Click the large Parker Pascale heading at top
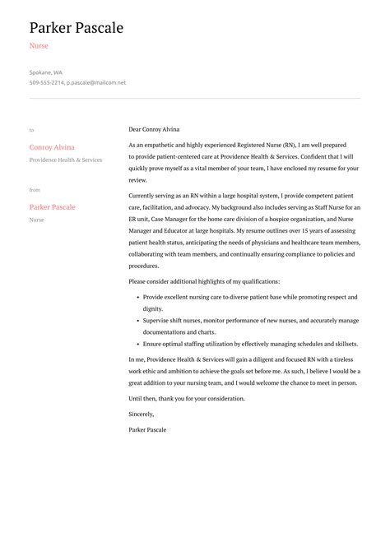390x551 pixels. pyautogui.click(x=76, y=28)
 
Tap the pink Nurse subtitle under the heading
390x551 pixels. pyautogui.click(x=39, y=46)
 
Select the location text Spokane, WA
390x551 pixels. pyautogui.click(x=45, y=72)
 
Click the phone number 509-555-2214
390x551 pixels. pyautogui.click(x=47, y=83)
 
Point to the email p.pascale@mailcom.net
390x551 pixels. pyautogui.click(x=96, y=83)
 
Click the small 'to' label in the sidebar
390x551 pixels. pyautogui.click(x=31, y=130)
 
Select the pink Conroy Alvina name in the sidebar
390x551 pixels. pyautogui.click(x=52, y=148)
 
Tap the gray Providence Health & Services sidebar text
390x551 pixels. pyautogui.click(x=66, y=160)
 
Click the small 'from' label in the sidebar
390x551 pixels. pyautogui.click(x=35, y=190)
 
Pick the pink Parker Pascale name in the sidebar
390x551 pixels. pyautogui.click(x=53, y=207)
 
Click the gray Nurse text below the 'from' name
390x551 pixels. pyautogui.click(x=36, y=220)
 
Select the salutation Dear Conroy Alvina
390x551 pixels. pyautogui.click(x=154, y=129)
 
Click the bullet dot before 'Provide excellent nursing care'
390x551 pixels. pyautogui.click(x=136, y=297)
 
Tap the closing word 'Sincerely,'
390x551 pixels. pyautogui.click(x=142, y=414)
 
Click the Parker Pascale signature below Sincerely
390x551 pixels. pyautogui.click(x=149, y=429)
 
